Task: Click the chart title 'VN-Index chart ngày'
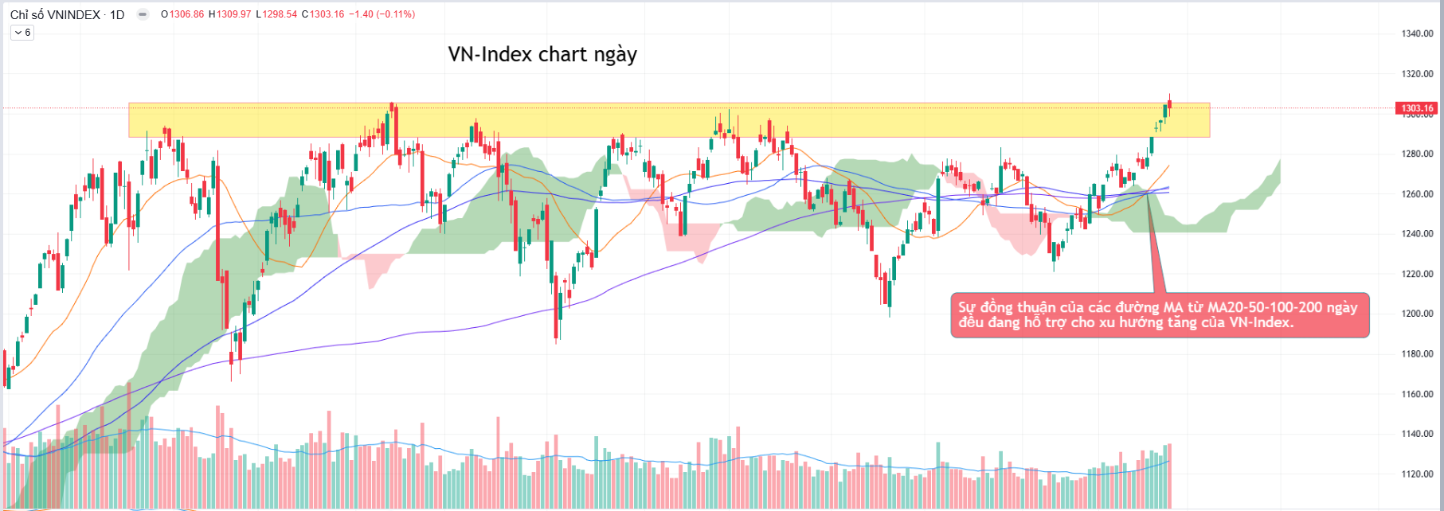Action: (x=542, y=54)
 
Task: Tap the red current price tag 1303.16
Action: (x=1417, y=108)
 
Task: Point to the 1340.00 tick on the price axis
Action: (x=1417, y=33)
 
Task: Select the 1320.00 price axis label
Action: (x=1417, y=74)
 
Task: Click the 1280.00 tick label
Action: (x=1417, y=154)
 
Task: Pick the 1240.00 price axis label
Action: (x=1417, y=234)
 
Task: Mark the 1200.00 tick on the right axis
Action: (x=1417, y=314)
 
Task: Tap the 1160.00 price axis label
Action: (x=1417, y=394)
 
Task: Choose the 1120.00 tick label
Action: (x=1417, y=474)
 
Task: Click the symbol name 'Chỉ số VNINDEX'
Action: (x=55, y=14)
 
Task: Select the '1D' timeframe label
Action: (x=117, y=14)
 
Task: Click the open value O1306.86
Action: (x=182, y=14)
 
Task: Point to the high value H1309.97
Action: (x=229, y=14)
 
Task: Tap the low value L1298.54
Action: (x=276, y=14)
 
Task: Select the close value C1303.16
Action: (x=323, y=14)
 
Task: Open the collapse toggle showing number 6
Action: (x=22, y=33)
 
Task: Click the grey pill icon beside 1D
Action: (x=143, y=14)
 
